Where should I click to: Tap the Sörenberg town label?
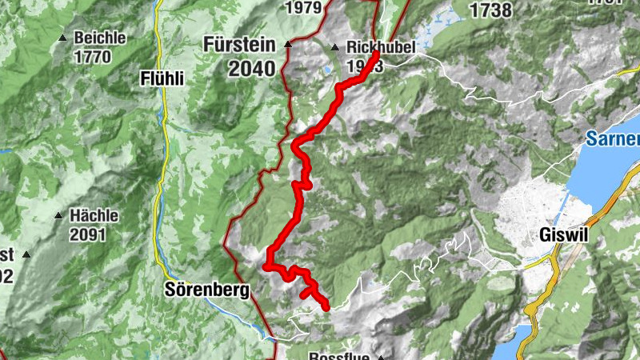click(x=206, y=290)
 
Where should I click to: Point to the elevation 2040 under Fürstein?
click(x=250, y=69)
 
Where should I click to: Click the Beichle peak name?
click(x=100, y=38)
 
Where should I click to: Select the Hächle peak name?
click(x=94, y=215)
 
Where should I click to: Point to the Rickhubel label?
click(x=381, y=47)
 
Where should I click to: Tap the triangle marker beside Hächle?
click(x=58, y=216)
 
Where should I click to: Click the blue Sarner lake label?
click(x=613, y=138)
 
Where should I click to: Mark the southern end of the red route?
click(x=326, y=307)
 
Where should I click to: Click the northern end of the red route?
click(x=375, y=55)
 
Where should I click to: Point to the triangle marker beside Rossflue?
click(x=382, y=357)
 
